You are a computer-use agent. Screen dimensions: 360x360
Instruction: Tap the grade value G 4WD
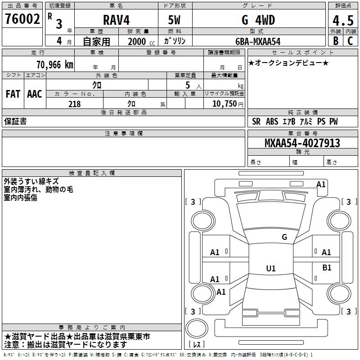coord(258,20)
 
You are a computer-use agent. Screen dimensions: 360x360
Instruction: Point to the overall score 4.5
coord(343,21)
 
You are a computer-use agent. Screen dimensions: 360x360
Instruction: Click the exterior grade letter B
coord(335,40)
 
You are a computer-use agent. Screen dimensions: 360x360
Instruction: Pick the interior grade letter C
coord(351,40)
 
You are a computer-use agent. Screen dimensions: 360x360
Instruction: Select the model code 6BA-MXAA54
coord(258,41)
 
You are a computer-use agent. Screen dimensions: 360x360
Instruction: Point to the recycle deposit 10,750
coord(224,104)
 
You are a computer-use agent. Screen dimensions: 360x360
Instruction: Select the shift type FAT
coord(13,94)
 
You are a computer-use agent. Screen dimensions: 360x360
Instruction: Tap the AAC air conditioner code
coord(34,94)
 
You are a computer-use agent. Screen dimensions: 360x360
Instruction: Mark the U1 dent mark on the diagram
coord(271,269)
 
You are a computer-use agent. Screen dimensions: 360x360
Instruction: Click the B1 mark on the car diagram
coord(327,267)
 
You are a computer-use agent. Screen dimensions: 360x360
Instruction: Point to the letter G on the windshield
coord(284,237)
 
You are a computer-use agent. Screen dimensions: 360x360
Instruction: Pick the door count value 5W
coord(175,20)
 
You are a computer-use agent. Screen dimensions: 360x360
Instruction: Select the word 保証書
coord(15,121)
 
